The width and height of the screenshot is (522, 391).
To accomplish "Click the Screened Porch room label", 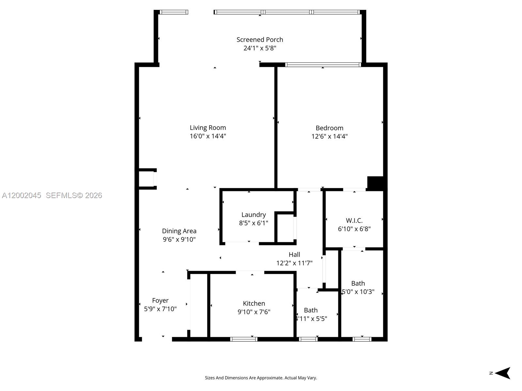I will click(260, 40).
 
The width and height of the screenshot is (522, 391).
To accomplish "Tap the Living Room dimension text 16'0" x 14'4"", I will click(208, 136).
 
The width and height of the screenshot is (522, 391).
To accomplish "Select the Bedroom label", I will click(329, 128).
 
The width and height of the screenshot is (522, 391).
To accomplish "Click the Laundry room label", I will click(253, 215).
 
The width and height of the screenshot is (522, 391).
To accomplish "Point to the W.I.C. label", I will click(354, 221).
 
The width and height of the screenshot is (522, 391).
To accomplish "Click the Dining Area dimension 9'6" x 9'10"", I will click(179, 239).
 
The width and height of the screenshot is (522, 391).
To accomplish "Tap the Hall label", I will click(294, 254).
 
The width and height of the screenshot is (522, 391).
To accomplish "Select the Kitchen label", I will click(254, 303).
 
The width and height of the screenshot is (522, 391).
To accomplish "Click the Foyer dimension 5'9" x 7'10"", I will click(160, 309).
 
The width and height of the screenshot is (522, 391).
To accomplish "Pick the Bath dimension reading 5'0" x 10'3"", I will click(358, 292).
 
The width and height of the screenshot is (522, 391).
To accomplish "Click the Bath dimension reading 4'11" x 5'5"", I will click(311, 319).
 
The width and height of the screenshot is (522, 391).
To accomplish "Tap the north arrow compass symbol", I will click(502, 373).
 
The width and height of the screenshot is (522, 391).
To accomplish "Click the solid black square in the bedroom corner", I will click(375, 182).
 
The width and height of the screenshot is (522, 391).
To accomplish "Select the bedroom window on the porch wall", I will click(323, 65).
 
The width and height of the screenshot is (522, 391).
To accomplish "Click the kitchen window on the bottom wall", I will click(244, 339).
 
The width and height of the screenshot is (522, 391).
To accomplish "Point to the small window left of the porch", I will click(174, 12).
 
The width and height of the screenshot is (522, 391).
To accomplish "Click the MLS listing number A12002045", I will click(22, 195).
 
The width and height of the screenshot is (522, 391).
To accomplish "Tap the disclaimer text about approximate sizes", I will click(261, 378).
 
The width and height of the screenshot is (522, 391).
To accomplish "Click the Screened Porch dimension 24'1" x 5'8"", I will click(260, 48).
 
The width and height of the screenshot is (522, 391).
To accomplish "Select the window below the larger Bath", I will click(362, 339).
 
